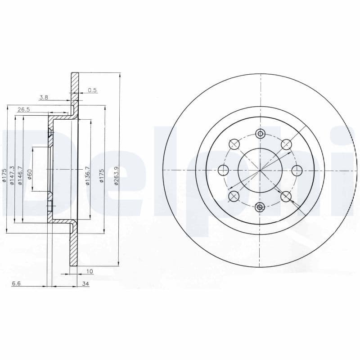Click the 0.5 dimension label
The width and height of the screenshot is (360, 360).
[92, 90]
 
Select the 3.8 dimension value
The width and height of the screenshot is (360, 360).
[44, 97]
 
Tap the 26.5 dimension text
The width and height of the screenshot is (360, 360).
[23, 109]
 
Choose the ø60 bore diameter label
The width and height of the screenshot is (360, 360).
[30, 174]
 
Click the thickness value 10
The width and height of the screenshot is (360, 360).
[90, 271]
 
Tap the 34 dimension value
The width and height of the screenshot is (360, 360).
[85, 284]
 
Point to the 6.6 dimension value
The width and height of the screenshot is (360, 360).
[16, 283]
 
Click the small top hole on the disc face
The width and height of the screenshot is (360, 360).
[260, 134]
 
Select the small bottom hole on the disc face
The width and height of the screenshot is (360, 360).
[260, 207]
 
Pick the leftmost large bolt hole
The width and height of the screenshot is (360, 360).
[223, 170]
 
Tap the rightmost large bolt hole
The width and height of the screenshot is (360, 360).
[297, 170]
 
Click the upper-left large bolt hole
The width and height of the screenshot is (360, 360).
[234, 144]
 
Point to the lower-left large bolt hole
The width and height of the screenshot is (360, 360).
[234, 196]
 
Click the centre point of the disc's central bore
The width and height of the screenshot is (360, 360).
[260, 170]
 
